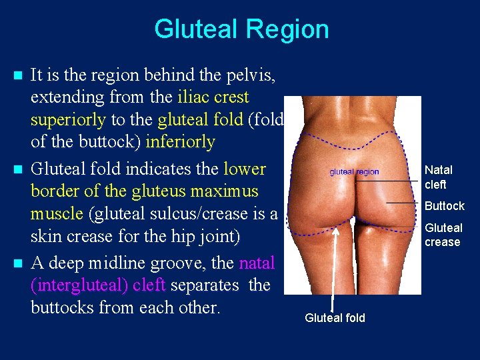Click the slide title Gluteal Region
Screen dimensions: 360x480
click(241, 29)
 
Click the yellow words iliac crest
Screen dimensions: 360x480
click(213, 97)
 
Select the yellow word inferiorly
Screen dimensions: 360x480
click(180, 143)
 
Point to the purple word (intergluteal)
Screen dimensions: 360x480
click(79, 285)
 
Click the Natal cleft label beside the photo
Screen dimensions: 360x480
click(438, 177)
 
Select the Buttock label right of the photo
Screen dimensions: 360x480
click(444, 206)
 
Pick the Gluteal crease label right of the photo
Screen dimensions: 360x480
click(443, 235)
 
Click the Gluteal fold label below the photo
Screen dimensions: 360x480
click(335, 318)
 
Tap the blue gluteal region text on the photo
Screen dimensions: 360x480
click(354, 172)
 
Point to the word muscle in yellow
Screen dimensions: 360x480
click(55, 215)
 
